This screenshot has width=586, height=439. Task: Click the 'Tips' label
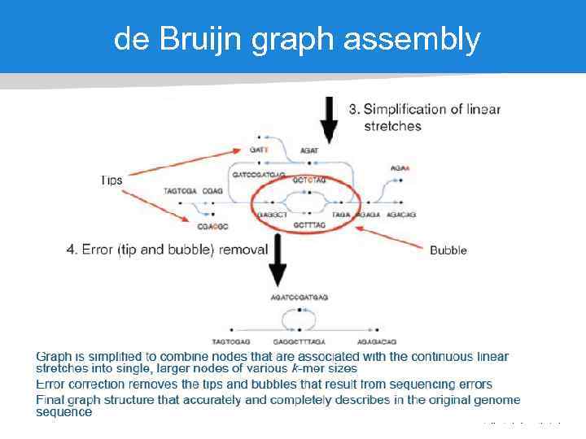(112, 180)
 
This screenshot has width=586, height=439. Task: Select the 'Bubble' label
(448, 250)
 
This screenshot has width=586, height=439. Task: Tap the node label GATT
(259, 150)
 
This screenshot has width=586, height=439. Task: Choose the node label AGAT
(309, 150)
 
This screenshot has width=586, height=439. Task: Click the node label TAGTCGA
(181, 191)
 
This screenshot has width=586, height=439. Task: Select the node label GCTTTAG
(309, 224)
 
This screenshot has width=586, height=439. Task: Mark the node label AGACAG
(401, 214)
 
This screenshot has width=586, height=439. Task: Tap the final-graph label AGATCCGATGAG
(300, 298)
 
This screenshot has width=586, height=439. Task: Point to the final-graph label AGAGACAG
(377, 341)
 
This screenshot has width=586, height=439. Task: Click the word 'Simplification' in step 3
(408, 110)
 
